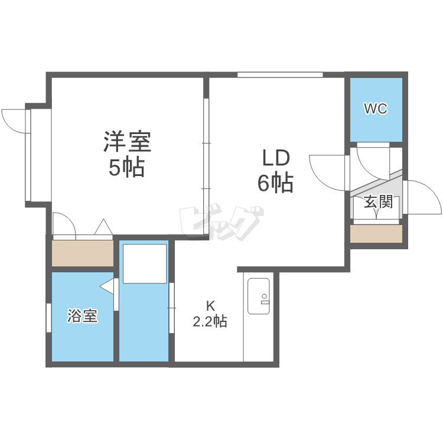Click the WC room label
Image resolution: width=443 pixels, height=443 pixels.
click(376, 108)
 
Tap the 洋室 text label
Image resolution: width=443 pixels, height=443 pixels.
click(128, 142)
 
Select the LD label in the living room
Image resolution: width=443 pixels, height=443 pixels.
click(276, 158)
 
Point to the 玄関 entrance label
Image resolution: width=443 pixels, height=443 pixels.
click(379, 202)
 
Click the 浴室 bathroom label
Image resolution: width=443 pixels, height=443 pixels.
click(83, 316)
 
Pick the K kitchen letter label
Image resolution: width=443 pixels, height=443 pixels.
click(210, 306)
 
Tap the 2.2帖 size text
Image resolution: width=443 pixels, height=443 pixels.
click(210, 321)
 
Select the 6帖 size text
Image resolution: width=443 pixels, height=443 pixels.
click(275, 183)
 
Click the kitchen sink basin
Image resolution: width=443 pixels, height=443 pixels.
click(259, 296)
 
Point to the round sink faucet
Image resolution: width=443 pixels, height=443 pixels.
click(265, 296)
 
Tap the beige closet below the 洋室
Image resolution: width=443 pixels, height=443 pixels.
click(83, 253)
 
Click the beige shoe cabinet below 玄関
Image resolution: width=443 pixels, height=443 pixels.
click(376, 234)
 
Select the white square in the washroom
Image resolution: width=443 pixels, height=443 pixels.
click(145, 263)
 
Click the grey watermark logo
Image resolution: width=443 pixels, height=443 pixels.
click(221, 223)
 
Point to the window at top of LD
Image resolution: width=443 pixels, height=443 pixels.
click(280, 75)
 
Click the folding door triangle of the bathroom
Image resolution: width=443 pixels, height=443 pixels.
click(107, 286)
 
